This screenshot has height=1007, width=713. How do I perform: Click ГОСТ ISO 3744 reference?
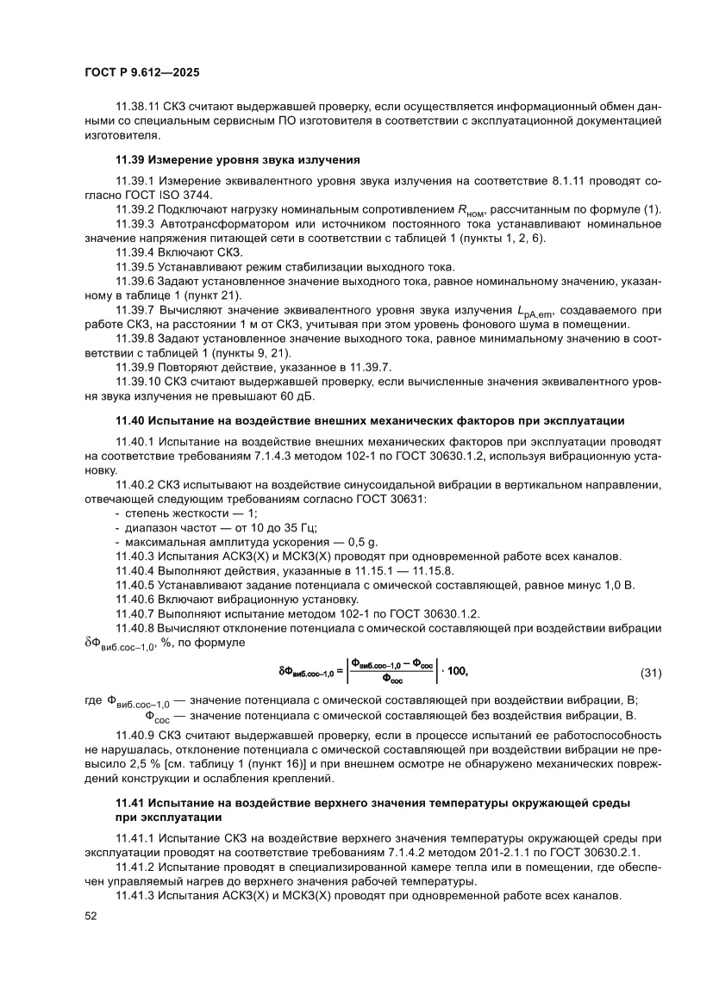172,195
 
